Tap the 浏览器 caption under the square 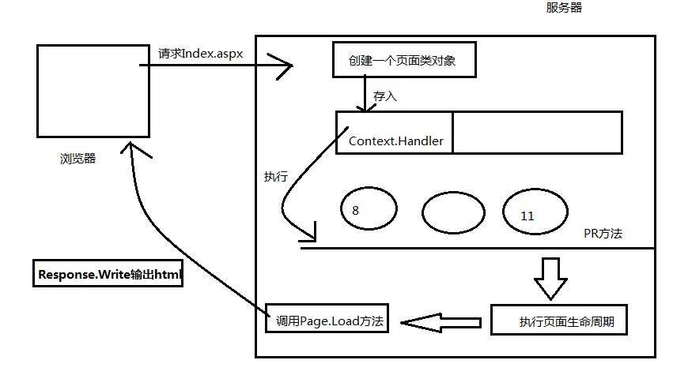[78, 158]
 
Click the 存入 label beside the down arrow [385, 96]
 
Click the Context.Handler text [396, 142]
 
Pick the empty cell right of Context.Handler [537, 133]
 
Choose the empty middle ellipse [453, 212]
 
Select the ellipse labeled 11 [535, 211]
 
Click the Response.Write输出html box [108, 275]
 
